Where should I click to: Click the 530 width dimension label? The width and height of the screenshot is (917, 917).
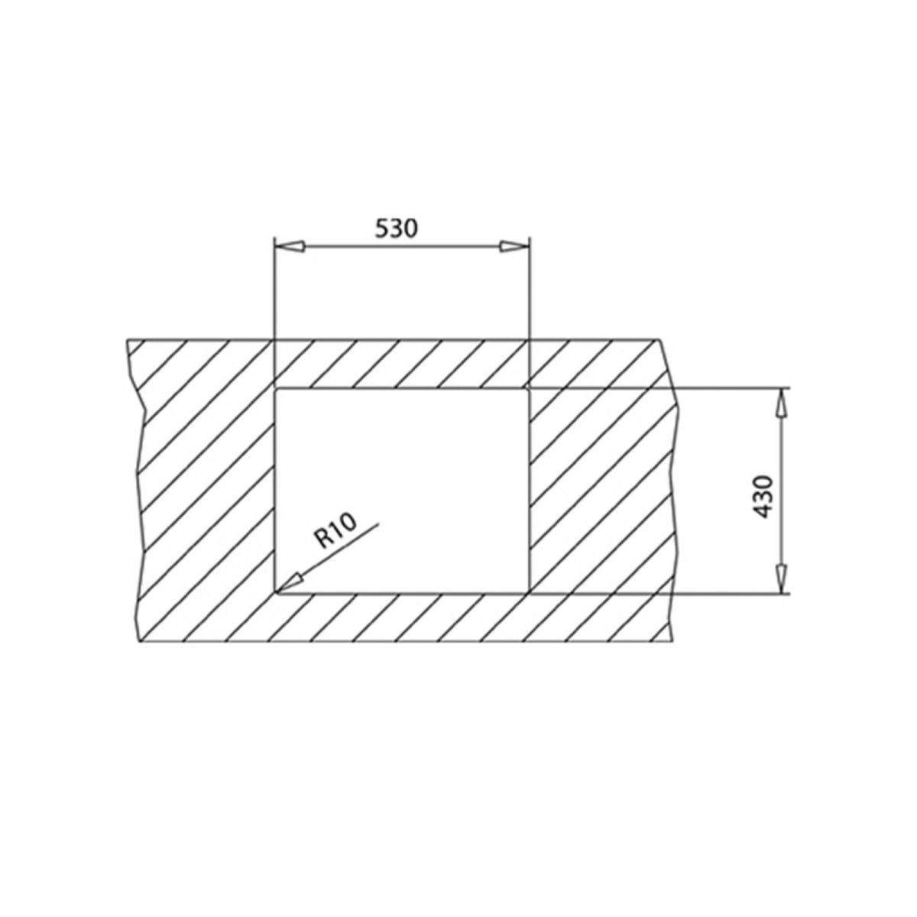[x=396, y=228]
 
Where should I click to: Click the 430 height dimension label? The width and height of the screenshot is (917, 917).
[x=763, y=497]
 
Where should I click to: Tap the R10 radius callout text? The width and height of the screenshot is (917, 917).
[x=335, y=532]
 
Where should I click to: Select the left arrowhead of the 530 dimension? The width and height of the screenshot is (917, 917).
[x=290, y=247]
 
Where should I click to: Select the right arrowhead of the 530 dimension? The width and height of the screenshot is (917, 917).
[x=514, y=247]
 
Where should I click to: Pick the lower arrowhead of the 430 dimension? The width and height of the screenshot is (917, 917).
[x=781, y=578]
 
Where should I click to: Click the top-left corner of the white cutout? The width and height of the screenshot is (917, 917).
[x=275, y=389]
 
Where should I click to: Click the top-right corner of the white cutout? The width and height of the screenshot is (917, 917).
[x=529, y=389]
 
